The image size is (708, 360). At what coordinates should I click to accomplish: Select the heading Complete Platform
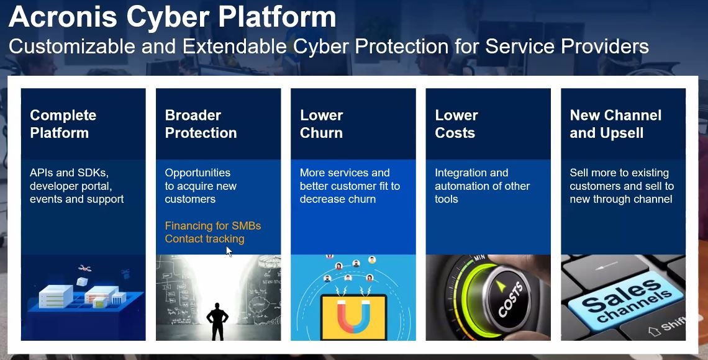63,124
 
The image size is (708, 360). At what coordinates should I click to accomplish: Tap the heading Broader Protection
201,124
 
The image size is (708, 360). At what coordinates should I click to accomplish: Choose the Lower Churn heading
322,124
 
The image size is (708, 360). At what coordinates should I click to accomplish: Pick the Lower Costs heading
456,124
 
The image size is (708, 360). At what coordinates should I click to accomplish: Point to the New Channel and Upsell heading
615,124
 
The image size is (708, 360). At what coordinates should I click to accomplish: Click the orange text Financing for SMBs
212,225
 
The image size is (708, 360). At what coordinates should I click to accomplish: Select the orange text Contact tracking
204,238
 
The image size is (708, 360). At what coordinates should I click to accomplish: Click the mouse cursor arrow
229,252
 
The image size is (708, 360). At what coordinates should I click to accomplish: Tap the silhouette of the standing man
217,321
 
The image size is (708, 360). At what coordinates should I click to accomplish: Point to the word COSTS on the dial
511,299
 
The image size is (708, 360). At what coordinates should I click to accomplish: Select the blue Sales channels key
627,300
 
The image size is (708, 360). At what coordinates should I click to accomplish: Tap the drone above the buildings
84,268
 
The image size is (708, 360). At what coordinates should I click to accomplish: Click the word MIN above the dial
479,258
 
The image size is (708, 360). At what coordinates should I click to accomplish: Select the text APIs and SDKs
69,173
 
